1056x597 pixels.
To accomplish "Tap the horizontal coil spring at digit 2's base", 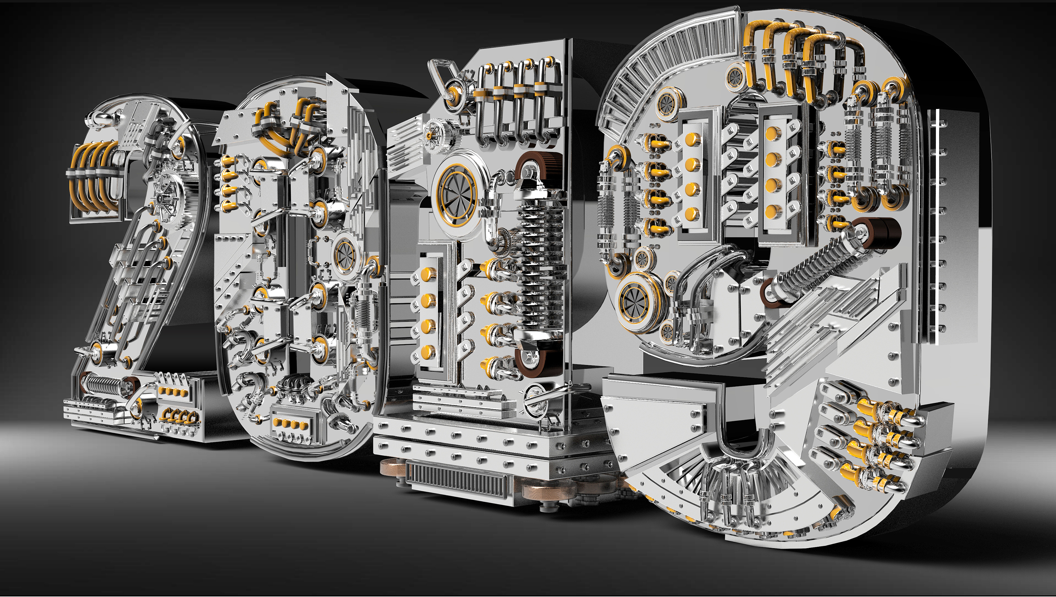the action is pos(104,385).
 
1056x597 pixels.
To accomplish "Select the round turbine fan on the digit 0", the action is pos(345,254).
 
